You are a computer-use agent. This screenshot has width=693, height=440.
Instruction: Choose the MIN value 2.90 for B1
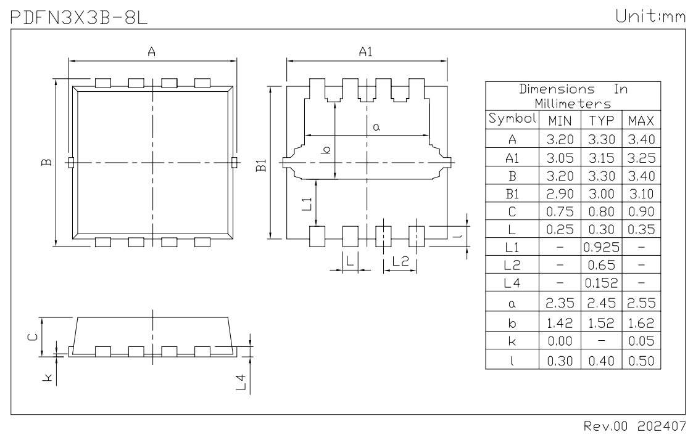point(560,194)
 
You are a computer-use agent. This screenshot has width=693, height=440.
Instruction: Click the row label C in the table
point(512,212)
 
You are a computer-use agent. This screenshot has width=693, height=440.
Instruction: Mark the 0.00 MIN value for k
point(560,341)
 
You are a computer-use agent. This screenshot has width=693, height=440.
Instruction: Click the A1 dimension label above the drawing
point(365,53)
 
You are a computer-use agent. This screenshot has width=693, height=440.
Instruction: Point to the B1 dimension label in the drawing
point(262,165)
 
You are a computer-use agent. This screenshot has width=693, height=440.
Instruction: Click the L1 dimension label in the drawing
point(306,203)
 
